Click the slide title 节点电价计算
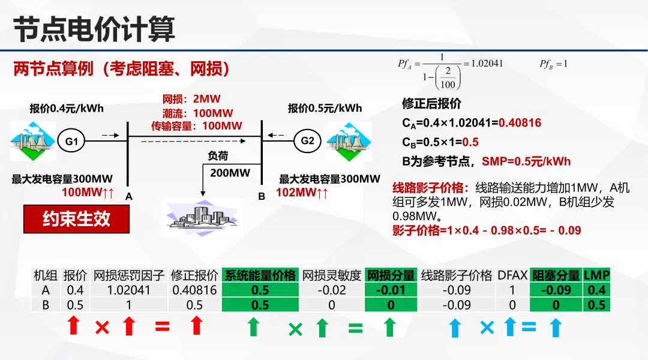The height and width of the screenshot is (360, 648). point(94,29)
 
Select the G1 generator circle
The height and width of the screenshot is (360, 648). point(71,142)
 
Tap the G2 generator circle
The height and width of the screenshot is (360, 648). point(307,142)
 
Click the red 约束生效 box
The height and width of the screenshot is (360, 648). point(76,219)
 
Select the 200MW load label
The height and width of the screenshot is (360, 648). point(230,173)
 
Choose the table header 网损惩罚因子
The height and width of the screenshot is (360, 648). point(128,275)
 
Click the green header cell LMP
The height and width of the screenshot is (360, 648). point(597,275)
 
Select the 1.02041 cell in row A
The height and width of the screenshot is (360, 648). point(128,290)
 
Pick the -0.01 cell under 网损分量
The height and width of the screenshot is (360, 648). point(391,290)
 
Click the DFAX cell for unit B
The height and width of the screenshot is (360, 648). point(512,304)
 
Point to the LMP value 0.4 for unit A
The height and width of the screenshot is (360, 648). point(597,290)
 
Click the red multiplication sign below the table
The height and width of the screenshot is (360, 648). point(102,328)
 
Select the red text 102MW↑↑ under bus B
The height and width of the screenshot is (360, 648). point(302,193)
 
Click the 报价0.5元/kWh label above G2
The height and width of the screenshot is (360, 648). point(325,109)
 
